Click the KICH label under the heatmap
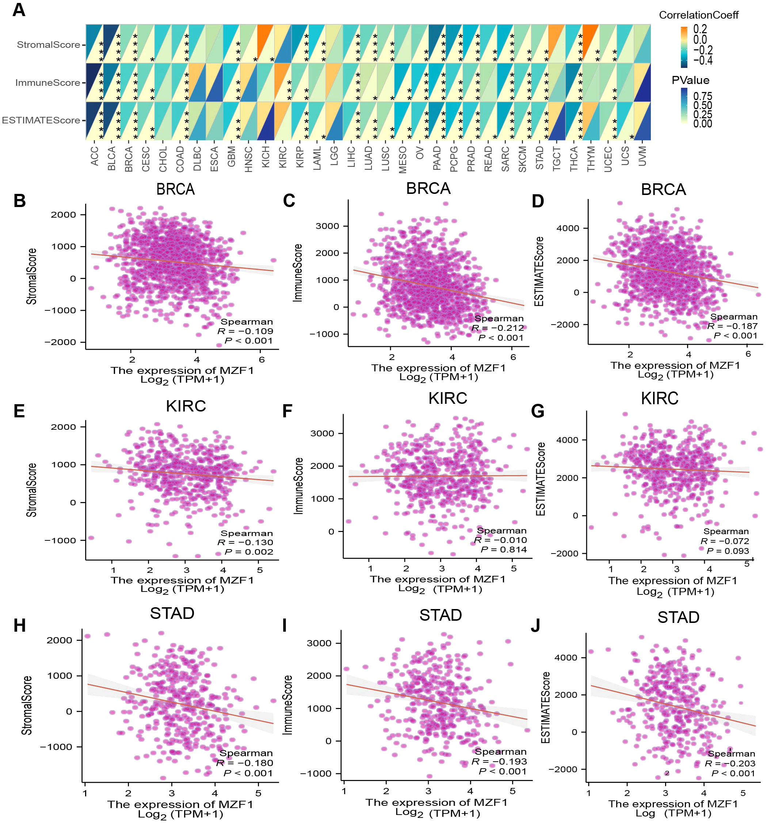(x=266, y=156)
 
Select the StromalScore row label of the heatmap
(x=49, y=45)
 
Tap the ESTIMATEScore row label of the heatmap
(x=41, y=120)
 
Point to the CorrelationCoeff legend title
(x=698, y=15)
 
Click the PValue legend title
(x=690, y=80)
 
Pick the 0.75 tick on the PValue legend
(x=703, y=96)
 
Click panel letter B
(x=19, y=201)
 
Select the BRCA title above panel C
(x=428, y=188)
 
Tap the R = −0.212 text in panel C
(x=498, y=328)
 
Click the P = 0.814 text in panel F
(x=504, y=550)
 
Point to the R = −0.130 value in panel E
(x=245, y=542)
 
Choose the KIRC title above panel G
(x=659, y=399)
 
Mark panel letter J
(x=535, y=626)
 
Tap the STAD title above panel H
(x=172, y=613)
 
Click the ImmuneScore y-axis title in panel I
(x=287, y=705)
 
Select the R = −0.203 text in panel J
(x=730, y=763)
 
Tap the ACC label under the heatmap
(x=95, y=156)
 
